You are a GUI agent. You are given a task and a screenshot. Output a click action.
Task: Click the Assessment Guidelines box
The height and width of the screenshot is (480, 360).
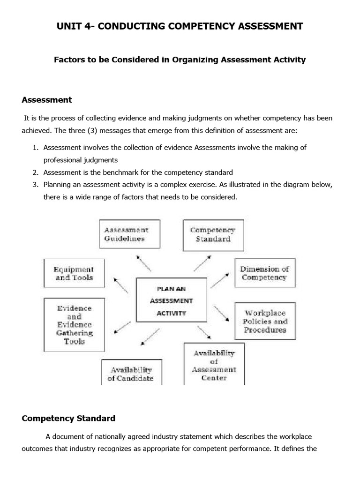click(130, 234)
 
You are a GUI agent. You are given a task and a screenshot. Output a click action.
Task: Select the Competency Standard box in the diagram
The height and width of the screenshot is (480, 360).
click(213, 234)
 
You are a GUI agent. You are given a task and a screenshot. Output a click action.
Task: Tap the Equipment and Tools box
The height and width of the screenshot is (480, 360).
click(74, 273)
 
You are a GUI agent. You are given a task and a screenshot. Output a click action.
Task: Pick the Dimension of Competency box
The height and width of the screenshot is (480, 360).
click(264, 273)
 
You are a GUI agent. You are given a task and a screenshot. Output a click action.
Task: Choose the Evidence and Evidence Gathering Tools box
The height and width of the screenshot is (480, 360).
click(74, 325)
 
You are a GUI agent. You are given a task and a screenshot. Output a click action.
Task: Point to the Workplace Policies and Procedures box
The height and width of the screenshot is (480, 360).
click(265, 322)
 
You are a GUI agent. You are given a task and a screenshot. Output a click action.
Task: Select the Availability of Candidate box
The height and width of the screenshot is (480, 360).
click(131, 373)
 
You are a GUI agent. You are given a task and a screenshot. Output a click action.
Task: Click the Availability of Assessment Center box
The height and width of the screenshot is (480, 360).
click(213, 365)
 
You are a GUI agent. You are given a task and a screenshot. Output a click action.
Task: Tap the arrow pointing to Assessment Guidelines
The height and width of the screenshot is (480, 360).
click(143, 263)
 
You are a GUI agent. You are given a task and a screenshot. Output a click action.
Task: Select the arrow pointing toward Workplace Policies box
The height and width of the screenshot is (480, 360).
click(222, 313)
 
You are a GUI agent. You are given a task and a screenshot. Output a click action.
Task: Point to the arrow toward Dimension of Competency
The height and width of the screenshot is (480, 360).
click(219, 281)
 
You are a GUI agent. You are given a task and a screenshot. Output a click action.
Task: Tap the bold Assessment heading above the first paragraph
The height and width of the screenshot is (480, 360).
click(47, 100)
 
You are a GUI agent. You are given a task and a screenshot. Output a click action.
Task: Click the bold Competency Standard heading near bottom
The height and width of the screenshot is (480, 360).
click(68, 418)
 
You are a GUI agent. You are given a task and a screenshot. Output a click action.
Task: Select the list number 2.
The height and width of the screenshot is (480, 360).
click(35, 172)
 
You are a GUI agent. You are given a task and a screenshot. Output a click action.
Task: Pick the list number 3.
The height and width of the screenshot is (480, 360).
click(35, 185)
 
